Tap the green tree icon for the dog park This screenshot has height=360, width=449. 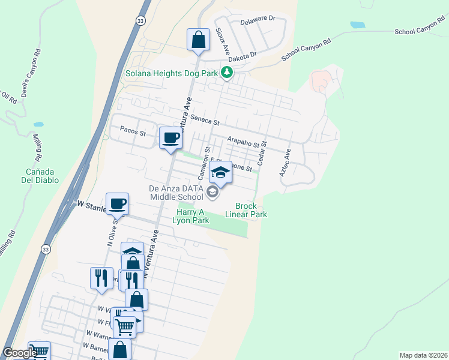226,73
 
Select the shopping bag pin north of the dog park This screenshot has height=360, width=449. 197,40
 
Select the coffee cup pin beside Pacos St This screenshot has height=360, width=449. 170,138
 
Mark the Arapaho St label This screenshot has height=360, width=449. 247,142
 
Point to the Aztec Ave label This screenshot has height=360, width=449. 284,161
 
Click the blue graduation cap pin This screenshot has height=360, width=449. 220,172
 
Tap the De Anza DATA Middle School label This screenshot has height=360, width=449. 176,192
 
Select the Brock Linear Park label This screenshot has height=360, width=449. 246,210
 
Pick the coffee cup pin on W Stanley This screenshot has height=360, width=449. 117,204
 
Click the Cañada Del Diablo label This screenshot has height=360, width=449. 30,175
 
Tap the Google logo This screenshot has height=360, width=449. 19,353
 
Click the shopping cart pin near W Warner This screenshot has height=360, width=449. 125,327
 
